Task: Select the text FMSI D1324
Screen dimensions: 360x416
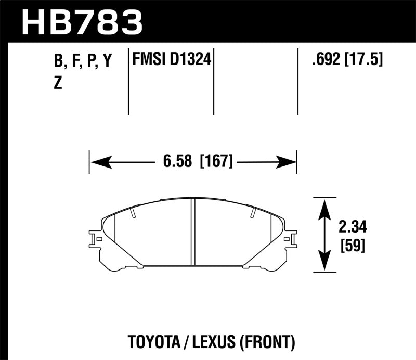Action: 172,60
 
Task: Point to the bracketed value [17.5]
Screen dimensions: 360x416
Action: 363,60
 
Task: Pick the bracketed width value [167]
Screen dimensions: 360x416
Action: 216,162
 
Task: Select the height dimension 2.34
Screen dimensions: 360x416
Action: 352,227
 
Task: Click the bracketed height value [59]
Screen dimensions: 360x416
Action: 352,245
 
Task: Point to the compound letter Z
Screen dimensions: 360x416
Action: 58,83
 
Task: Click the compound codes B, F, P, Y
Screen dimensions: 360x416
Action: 83,61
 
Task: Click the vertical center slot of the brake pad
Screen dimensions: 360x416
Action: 193,232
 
